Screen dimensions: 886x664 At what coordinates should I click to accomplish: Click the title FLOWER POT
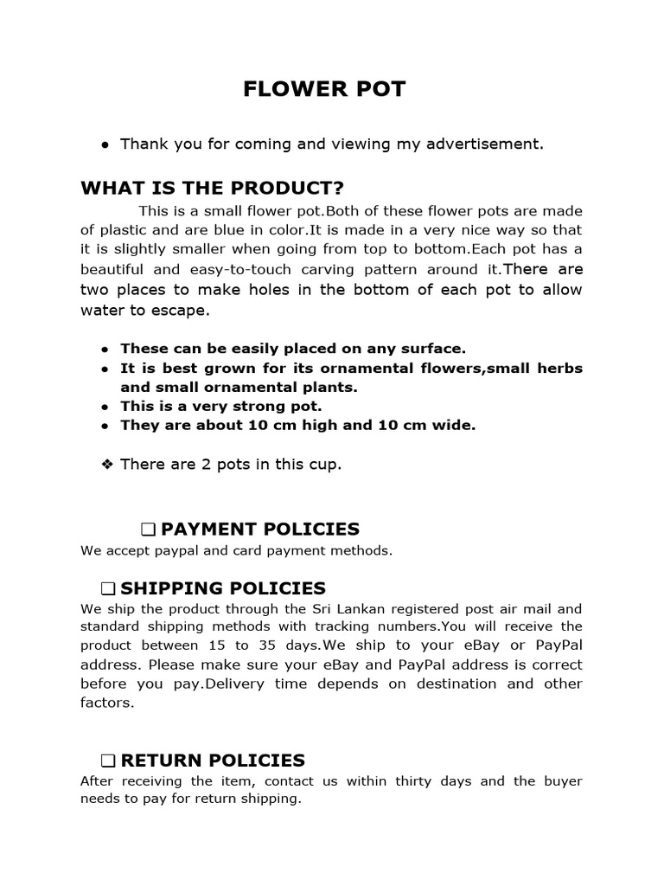[x=323, y=90]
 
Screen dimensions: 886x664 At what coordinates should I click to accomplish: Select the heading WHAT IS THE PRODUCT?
[x=212, y=189]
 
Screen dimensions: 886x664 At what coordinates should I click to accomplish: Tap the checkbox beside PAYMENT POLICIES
[x=147, y=530]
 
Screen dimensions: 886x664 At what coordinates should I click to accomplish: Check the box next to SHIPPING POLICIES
[x=107, y=589]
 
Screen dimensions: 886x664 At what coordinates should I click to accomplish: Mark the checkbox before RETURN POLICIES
[x=107, y=761]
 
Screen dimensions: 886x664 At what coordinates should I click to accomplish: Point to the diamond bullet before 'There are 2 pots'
[x=107, y=465]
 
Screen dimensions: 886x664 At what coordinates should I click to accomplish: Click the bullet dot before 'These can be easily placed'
[x=105, y=350]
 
